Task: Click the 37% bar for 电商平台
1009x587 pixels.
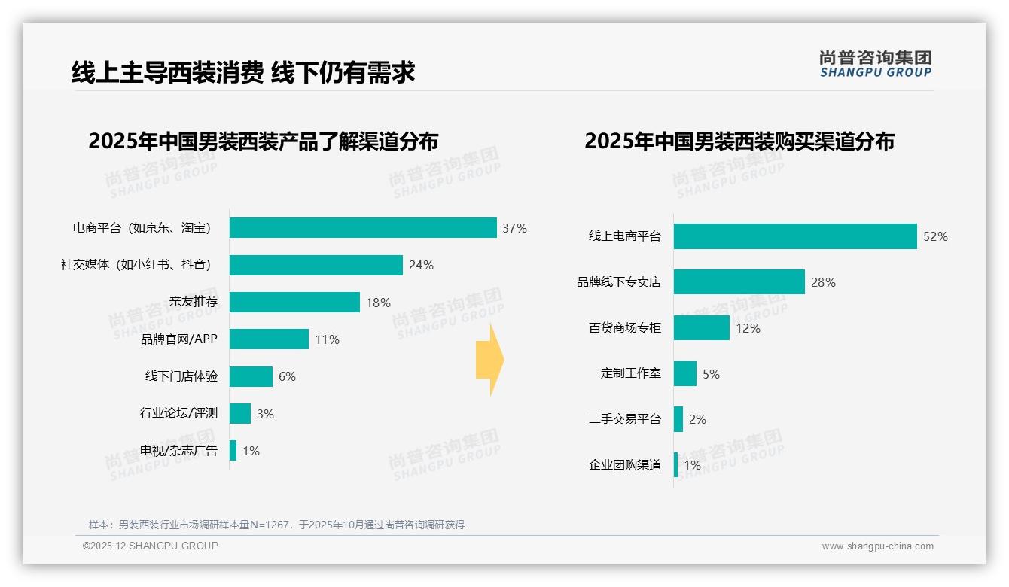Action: click(x=363, y=228)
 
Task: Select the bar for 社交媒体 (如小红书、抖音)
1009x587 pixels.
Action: click(x=316, y=265)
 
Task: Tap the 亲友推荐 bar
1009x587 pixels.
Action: click(x=294, y=303)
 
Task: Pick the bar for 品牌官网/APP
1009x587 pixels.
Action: click(x=269, y=339)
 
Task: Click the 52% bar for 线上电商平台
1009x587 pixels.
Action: click(x=795, y=236)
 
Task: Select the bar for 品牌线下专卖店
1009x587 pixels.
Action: click(x=739, y=282)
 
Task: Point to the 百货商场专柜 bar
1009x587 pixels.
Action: click(x=701, y=328)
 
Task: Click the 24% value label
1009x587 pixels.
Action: click(x=421, y=265)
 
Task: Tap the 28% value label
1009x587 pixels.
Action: click(x=823, y=282)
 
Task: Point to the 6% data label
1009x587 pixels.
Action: click(x=287, y=377)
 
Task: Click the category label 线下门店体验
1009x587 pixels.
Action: click(x=181, y=377)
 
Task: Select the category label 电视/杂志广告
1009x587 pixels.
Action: click(x=179, y=451)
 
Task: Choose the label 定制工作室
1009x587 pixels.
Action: click(x=631, y=373)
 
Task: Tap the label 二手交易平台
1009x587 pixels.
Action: click(x=625, y=419)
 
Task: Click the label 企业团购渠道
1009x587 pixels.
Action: click(x=625, y=465)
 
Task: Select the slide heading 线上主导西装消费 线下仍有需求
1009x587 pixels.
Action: click(x=243, y=72)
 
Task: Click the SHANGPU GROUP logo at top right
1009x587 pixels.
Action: click(x=875, y=64)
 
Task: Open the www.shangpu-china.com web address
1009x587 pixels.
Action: click(x=877, y=546)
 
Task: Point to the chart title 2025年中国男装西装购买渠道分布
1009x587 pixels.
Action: click(x=739, y=141)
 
